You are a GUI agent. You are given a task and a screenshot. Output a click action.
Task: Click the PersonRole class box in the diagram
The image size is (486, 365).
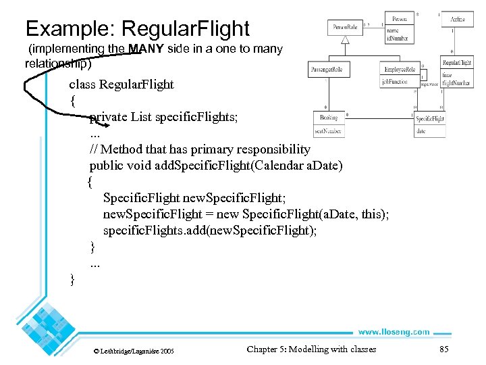point(345,28)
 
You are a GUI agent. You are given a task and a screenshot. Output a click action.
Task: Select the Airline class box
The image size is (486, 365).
point(457,21)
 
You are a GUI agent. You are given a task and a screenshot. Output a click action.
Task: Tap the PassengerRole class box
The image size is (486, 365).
point(327,70)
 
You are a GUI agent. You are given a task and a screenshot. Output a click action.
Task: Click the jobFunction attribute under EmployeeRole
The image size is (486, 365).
point(395,82)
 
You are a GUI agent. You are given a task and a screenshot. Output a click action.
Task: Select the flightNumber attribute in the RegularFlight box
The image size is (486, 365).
point(457,83)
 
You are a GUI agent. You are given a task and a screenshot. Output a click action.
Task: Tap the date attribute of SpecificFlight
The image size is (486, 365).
point(421,131)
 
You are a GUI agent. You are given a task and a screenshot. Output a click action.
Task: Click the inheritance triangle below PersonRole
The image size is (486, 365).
point(345,41)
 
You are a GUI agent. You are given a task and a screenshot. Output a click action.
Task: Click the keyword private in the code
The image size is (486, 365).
point(109,117)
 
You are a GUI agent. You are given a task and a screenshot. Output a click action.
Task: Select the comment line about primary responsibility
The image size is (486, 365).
point(200,149)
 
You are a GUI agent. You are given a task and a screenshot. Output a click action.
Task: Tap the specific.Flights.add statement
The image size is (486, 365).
point(210,230)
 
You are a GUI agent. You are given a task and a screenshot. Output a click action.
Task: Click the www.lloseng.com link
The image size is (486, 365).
point(394,332)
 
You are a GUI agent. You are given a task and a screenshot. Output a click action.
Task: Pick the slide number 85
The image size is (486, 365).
point(443,349)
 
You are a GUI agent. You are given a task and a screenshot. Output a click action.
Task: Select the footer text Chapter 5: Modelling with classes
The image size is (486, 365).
point(311,349)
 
